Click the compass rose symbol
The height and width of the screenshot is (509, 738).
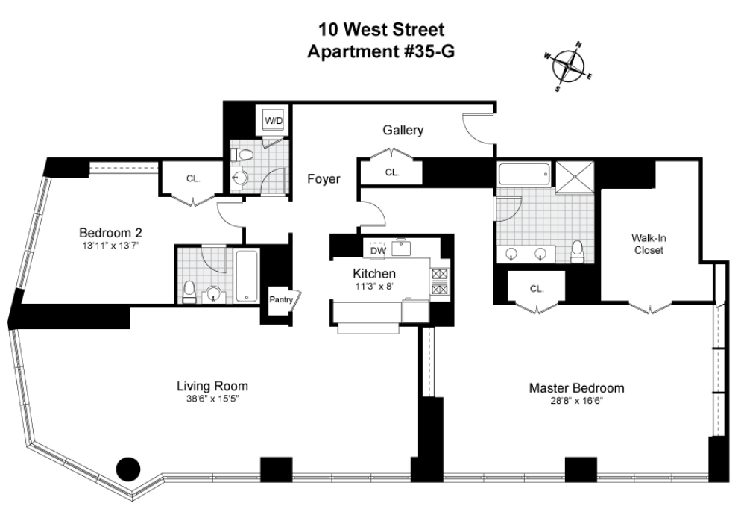[x=572, y=67]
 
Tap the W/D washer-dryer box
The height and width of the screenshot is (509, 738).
[x=274, y=120]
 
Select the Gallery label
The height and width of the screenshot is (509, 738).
[x=403, y=131]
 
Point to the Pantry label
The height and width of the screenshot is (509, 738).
[x=282, y=300]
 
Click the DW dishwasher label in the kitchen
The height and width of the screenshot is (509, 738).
[x=377, y=251]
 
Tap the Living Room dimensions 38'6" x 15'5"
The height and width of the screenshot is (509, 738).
[x=212, y=399]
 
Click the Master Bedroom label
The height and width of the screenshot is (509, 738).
[x=576, y=388]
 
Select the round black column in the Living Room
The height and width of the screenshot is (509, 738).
[x=129, y=468]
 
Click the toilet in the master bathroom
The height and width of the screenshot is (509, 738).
[x=577, y=252]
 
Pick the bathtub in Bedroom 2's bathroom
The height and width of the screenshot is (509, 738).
[x=246, y=276]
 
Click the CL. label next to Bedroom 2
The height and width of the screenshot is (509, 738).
[x=193, y=178]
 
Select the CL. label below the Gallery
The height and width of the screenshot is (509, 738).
[x=391, y=172]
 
